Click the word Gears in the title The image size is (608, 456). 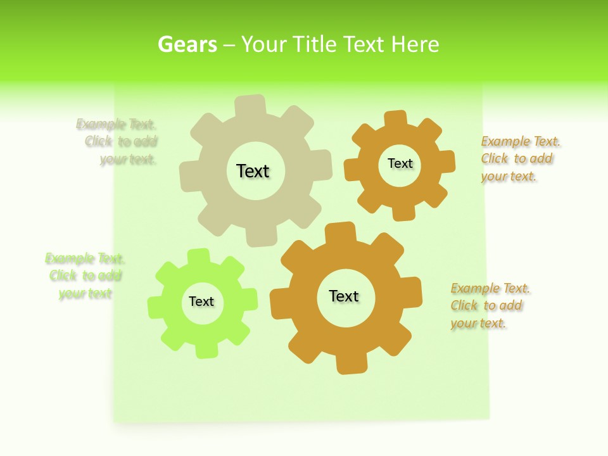[187, 44]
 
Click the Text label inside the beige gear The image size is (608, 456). [253, 171]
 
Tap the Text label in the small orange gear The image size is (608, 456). [400, 163]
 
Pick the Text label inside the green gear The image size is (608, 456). [201, 301]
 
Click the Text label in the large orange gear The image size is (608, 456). [344, 296]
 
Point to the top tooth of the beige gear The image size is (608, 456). [250, 105]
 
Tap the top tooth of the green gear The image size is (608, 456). [198, 256]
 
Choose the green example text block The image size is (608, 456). [85, 276]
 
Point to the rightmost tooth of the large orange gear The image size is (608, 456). [412, 292]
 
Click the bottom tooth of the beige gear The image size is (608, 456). [260, 237]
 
